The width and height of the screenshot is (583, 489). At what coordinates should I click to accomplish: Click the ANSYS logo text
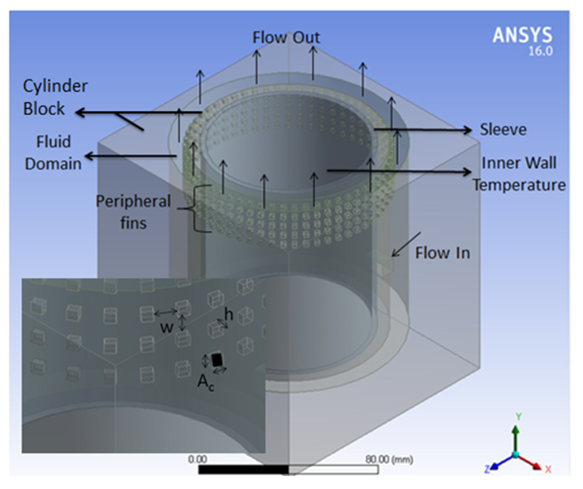(x=522, y=35)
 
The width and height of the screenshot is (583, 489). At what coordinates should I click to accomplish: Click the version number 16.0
(x=540, y=51)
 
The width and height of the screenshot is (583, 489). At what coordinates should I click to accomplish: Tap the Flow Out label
(x=286, y=38)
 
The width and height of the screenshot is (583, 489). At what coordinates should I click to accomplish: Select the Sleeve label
(x=503, y=130)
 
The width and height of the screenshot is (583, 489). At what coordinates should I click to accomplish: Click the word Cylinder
(x=55, y=86)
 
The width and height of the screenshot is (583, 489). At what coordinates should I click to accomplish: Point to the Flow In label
(x=442, y=253)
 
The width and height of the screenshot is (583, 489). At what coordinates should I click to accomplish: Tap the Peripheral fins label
(x=133, y=212)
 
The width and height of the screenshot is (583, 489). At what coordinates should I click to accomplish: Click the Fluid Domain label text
(x=53, y=153)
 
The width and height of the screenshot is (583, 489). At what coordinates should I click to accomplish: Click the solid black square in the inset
(x=218, y=359)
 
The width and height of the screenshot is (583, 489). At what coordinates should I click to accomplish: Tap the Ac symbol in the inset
(x=205, y=383)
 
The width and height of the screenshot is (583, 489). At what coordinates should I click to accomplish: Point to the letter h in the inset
(x=229, y=314)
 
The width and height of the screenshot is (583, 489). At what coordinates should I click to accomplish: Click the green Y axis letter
(x=519, y=417)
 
